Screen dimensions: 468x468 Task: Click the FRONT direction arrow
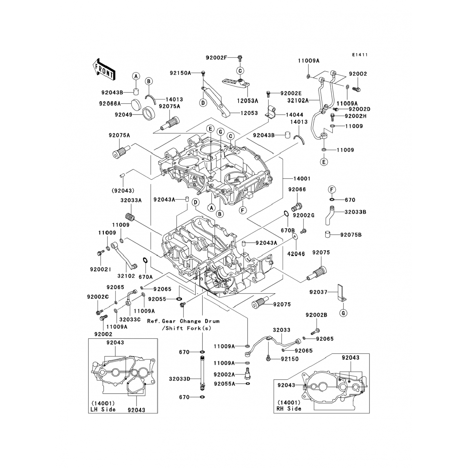(104, 69)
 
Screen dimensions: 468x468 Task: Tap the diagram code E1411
(360, 55)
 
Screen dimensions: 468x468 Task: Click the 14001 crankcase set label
(302, 179)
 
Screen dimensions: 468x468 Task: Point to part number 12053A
(247, 101)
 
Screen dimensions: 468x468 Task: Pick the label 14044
(294, 115)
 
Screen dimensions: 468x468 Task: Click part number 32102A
(298, 100)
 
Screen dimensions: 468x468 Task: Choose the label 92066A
(110, 104)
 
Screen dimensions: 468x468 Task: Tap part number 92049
(123, 115)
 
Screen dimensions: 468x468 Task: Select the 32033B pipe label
(355, 212)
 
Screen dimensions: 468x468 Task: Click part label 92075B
(351, 235)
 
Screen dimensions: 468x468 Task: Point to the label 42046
(296, 254)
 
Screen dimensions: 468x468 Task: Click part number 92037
(318, 292)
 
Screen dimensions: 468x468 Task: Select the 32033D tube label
(180, 379)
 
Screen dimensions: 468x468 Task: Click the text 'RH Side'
(289, 408)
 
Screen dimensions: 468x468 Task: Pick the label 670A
(145, 277)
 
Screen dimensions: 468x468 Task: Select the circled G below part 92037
(343, 313)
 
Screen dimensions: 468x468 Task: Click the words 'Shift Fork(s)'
(191, 328)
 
